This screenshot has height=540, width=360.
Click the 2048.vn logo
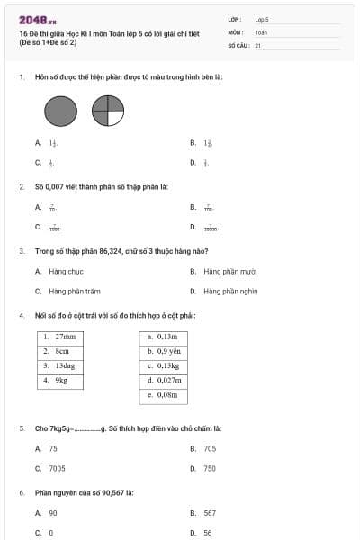38,19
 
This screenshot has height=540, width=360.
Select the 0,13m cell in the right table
164,337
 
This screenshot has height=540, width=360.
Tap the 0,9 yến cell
164,351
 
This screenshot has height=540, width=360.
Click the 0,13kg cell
164,366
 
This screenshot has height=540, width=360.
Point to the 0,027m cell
164,381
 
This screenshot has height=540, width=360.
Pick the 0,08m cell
164,395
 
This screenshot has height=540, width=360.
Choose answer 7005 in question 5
58,468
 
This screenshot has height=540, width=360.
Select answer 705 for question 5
210,448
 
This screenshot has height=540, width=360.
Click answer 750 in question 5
210,468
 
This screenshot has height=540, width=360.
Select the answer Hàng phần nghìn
230,291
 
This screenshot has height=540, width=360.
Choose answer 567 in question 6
210,512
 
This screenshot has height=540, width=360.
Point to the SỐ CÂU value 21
258,44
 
